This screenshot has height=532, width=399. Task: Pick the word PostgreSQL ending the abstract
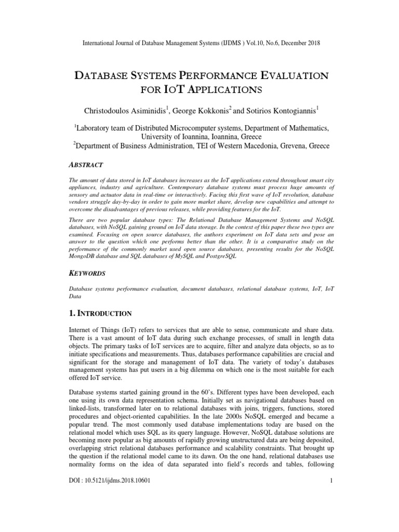[x=218, y=257]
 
